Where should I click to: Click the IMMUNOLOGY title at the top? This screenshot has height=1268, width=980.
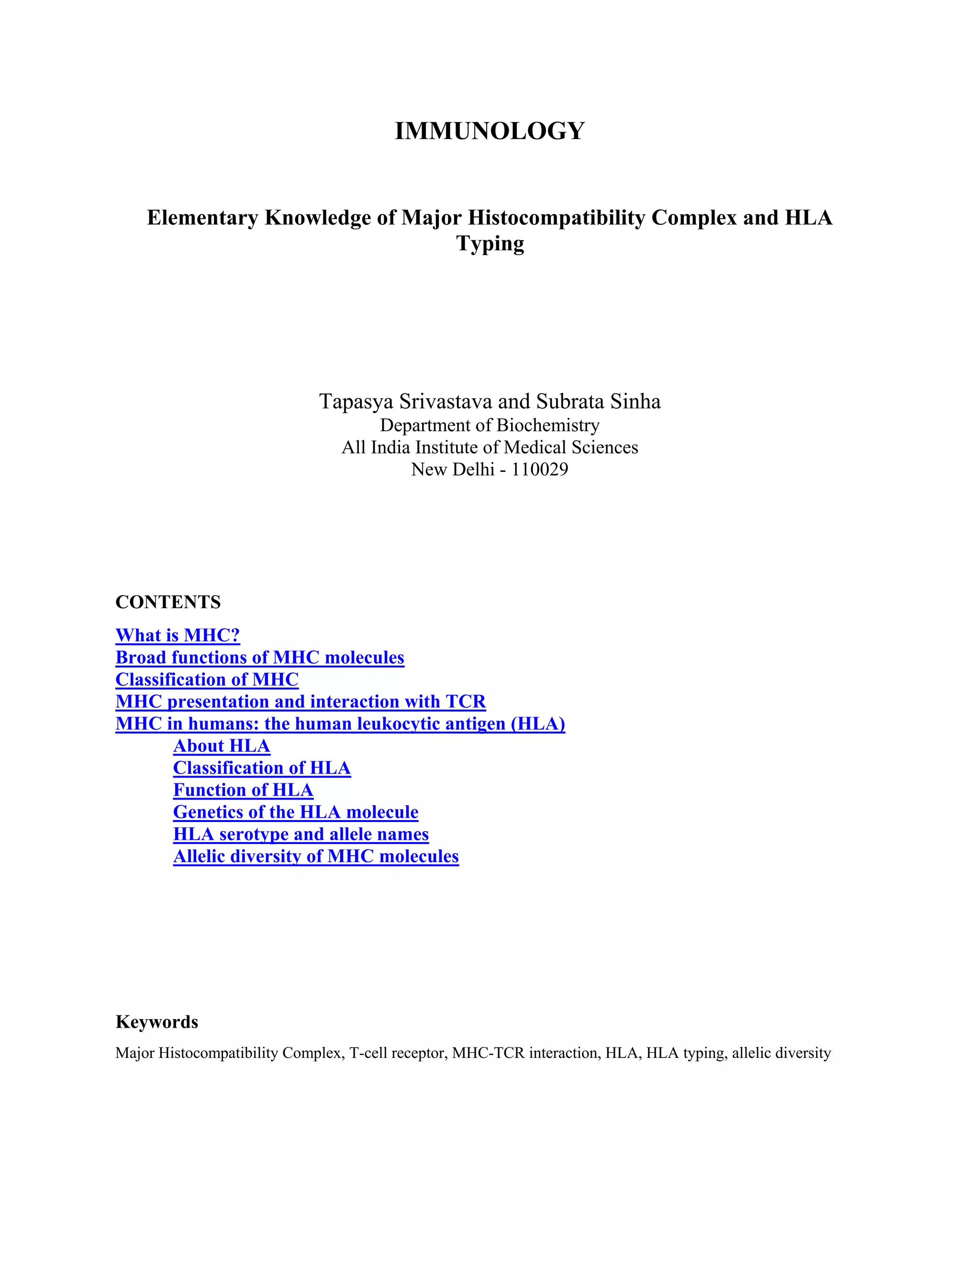[x=490, y=131]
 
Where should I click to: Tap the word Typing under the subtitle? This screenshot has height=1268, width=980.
[x=490, y=243]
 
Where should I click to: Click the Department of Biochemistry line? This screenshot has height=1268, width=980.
[x=490, y=425]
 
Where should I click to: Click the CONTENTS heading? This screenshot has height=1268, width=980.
[x=168, y=602]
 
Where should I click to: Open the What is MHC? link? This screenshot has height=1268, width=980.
[x=178, y=635]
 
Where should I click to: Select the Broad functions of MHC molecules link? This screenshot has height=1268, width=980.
[x=259, y=657]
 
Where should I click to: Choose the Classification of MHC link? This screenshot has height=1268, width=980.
[x=207, y=679]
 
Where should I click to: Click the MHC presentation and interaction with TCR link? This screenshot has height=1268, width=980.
[x=300, y=701]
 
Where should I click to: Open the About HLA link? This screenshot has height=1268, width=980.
[x=221, y=745]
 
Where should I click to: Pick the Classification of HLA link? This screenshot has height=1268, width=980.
[x=261, y=767]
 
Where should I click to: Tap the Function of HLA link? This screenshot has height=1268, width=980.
[x=243, y=790]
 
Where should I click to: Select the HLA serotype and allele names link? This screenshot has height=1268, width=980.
[x=300, y=834]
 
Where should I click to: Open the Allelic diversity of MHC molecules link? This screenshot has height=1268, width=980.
[x=315, y=856]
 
